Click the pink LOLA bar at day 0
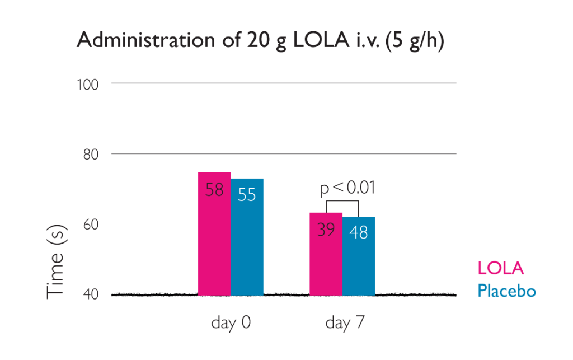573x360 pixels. click(214, 246)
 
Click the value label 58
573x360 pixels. click(214, 190)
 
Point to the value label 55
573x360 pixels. click(247, 195)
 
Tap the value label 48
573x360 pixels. click(359, 232)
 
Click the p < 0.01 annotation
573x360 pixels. click(347, 188)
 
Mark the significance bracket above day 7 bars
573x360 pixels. click(342, 201)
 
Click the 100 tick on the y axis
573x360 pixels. click(87, 84)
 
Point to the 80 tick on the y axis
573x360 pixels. click(91, 154)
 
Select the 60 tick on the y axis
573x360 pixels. click(91, 225)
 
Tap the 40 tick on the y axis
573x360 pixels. click(91, 294)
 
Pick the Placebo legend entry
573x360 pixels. click(506, 291)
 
